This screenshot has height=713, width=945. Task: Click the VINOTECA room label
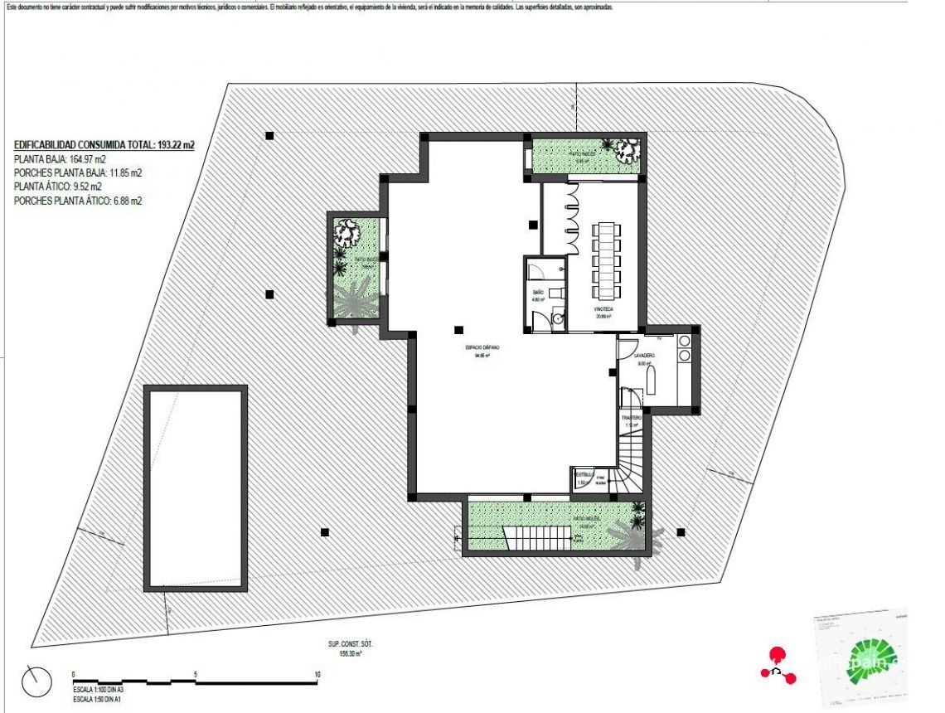[x=603, y=310]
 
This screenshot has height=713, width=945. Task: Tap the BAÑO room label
[x=537, y=292]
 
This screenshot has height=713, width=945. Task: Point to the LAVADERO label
[x=647, y=355]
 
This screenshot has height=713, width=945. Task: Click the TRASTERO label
[x=632, y=418]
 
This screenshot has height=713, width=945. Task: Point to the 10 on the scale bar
[x=317, y=674]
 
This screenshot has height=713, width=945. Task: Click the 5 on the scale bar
[x=196, y=674]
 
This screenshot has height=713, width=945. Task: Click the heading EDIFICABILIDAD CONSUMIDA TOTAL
[x=104, y=145]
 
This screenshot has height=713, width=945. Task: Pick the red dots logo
[x=778, y=663]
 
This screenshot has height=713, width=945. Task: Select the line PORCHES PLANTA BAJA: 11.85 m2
[x=78, y=172]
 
